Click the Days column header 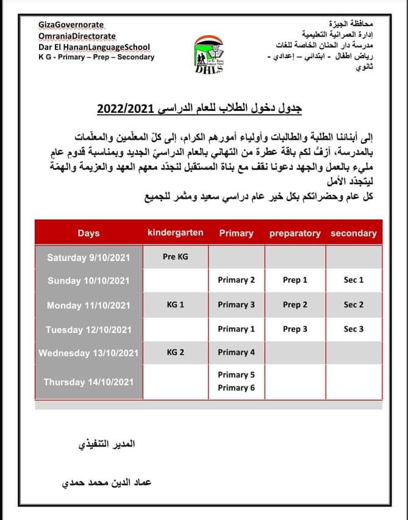88,233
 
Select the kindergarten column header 176,232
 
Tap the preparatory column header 295,233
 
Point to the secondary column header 354,233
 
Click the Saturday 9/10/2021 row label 88,257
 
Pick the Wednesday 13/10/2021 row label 88,353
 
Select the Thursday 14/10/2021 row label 88,382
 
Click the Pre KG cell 176,257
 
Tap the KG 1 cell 176,304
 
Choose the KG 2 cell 176,352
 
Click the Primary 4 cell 236,352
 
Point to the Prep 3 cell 295,329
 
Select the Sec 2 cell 354,304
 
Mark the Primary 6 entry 236,388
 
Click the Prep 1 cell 295,280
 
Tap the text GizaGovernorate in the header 71,25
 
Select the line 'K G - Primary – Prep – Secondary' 96,57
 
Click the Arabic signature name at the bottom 107,482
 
